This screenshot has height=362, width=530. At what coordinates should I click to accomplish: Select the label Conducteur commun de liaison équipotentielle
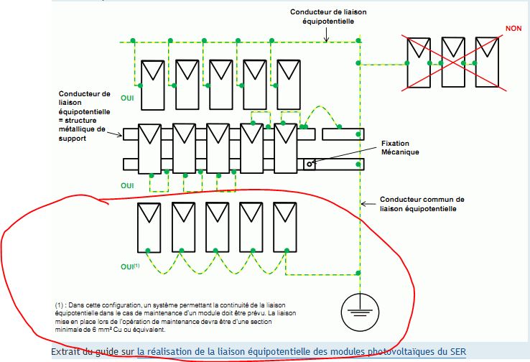(x=422, y=203)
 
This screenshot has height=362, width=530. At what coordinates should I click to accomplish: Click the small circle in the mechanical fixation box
(x=310, y=164)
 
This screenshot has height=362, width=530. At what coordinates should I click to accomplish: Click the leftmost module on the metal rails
(x=152, y=148)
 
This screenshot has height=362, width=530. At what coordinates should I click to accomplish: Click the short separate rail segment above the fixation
(x=341, y=134)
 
